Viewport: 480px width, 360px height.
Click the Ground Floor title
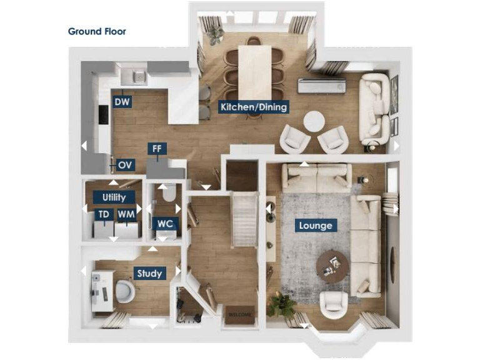pos(97,31)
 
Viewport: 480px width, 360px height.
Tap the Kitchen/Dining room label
pos(254,107)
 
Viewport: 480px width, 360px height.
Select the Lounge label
pos(316,225)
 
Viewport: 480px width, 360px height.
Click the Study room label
pos(149,273)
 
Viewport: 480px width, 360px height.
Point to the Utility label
pos(114,197)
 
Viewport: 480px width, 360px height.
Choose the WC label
pos(165,223)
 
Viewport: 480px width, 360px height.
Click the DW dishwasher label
pos(122,101)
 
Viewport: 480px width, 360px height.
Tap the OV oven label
pos(125,165)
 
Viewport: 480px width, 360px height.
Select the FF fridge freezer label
pos(156,149)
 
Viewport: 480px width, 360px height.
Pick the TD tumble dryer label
pos(104,215)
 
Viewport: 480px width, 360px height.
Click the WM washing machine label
pos(127,215)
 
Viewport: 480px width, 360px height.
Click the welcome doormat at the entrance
pos(239,314)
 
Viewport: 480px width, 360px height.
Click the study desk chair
pos(124,291)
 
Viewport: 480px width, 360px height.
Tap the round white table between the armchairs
pos(313,122)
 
